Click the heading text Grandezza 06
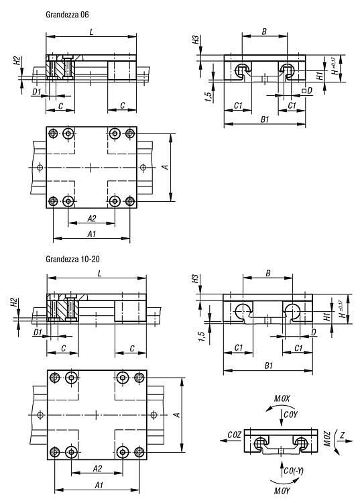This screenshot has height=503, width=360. click(x=67, y=15)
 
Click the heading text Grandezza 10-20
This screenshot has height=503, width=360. click(x=72, y=259)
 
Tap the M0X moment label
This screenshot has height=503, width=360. click(x=282, y=399)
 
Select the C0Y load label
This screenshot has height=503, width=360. click(x=291, y=414)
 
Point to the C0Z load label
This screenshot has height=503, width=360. click(x=234, y=435)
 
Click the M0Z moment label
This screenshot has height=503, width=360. click(x=326, y=439)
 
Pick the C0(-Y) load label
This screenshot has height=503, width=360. click(x=294, y=471)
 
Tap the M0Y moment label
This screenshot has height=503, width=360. click(x=282, y=490)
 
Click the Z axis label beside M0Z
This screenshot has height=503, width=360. click(x=343, y=435)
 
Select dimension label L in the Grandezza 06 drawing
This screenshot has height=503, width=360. click(x=92, y=32)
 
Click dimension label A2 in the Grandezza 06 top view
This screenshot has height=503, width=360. click(x=92, y=219)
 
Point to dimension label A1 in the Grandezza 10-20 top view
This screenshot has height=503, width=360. click(x=99, y=485)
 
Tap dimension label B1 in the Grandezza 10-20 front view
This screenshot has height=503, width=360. click(x=269, y=366)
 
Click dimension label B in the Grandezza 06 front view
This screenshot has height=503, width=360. click(x=265, y=32)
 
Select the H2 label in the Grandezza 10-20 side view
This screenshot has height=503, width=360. click(x=13, y=302)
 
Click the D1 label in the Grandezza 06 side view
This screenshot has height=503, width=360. click(x=37, y=92)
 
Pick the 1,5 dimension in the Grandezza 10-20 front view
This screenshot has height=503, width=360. click(x=202, y=337)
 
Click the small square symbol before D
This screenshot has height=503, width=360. click(x=304, y=91)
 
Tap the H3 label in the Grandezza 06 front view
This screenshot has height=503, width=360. click(x=196, y=40)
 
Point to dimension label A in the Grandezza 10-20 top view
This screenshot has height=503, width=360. click(x=177, y=414)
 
